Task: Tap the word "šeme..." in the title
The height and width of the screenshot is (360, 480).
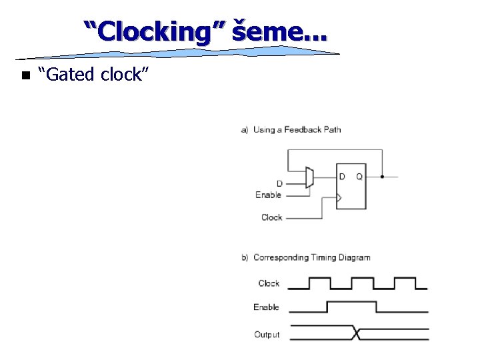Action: coord(280,31)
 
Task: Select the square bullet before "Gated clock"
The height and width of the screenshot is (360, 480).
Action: coord(25,75)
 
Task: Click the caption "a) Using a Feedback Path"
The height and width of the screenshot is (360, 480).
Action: coord(291,129)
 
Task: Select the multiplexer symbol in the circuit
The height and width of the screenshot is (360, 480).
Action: coord(309,177)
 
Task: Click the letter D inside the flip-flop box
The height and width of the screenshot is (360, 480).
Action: coord(342,177)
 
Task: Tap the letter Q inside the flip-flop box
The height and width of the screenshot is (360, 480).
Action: coord(359,177)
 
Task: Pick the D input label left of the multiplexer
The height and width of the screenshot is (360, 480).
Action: coord(279,183)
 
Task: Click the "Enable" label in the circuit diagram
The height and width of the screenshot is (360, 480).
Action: coord(268,195)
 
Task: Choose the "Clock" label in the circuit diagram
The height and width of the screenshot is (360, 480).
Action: coord(271,217)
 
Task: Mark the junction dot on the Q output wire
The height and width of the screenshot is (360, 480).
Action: coord(382,177)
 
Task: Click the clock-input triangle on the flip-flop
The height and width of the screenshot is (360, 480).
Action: coord(339,197)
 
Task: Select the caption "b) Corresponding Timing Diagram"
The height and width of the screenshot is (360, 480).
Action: coord(305,257)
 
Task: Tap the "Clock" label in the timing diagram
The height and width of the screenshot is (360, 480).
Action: coord(269,283)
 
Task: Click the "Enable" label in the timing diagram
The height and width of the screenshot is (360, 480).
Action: coord(266,307)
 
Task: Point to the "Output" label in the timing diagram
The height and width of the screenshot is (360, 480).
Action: coord(267,334)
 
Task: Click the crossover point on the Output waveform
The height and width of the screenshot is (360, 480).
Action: coord(357,334)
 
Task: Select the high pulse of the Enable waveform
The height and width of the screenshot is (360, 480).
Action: coord(351,302)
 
